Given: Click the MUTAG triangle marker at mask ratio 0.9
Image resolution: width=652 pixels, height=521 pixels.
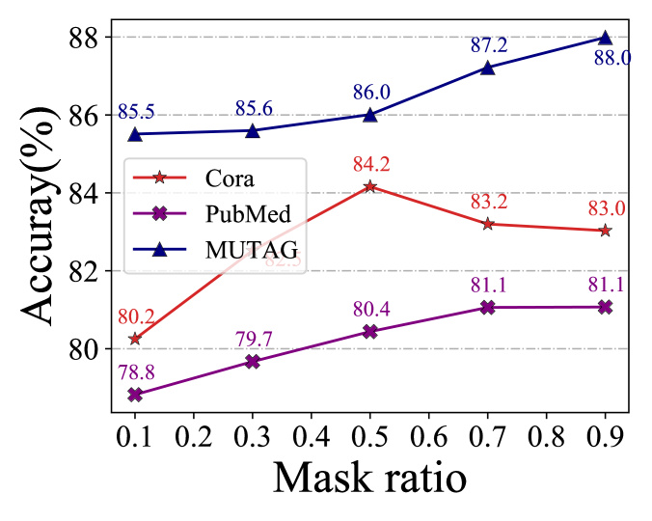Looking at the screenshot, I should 605,38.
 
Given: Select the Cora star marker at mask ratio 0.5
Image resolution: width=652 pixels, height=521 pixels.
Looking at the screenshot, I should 370,186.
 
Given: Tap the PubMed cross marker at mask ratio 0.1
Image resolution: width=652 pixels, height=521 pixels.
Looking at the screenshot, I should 135,395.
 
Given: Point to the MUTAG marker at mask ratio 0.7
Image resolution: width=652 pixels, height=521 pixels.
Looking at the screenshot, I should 487,68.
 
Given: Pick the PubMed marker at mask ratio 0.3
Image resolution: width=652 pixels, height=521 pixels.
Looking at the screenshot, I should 253,361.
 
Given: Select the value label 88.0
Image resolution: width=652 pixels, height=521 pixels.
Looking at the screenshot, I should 605,59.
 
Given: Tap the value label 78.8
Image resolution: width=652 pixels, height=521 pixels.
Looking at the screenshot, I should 135,371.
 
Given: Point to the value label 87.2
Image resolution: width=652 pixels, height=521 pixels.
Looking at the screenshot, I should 487,45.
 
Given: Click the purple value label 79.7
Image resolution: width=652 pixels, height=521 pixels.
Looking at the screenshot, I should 253,339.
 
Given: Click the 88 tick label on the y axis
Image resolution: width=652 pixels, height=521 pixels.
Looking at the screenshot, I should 87,38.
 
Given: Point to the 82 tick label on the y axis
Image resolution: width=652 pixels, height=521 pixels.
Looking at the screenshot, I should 87,271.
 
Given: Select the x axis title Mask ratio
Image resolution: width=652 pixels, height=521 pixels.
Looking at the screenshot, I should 370,480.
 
